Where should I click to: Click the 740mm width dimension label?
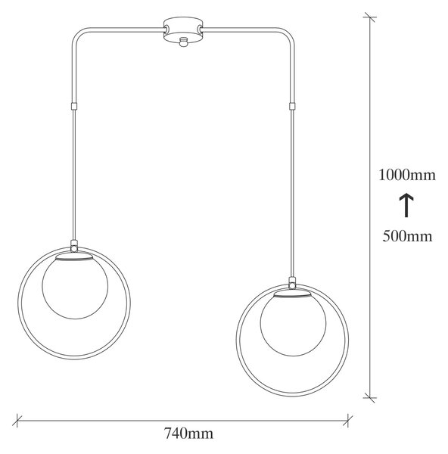click(189, 434)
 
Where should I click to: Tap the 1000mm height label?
click(407, 175)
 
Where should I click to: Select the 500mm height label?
click(407, 235)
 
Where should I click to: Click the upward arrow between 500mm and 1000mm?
click(406, 205)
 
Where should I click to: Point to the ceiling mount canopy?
click(182, 30)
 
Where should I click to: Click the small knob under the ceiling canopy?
click(182, 42)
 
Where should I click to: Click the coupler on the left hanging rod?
click(74, 106)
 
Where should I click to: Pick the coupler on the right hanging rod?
click(293, 106)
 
